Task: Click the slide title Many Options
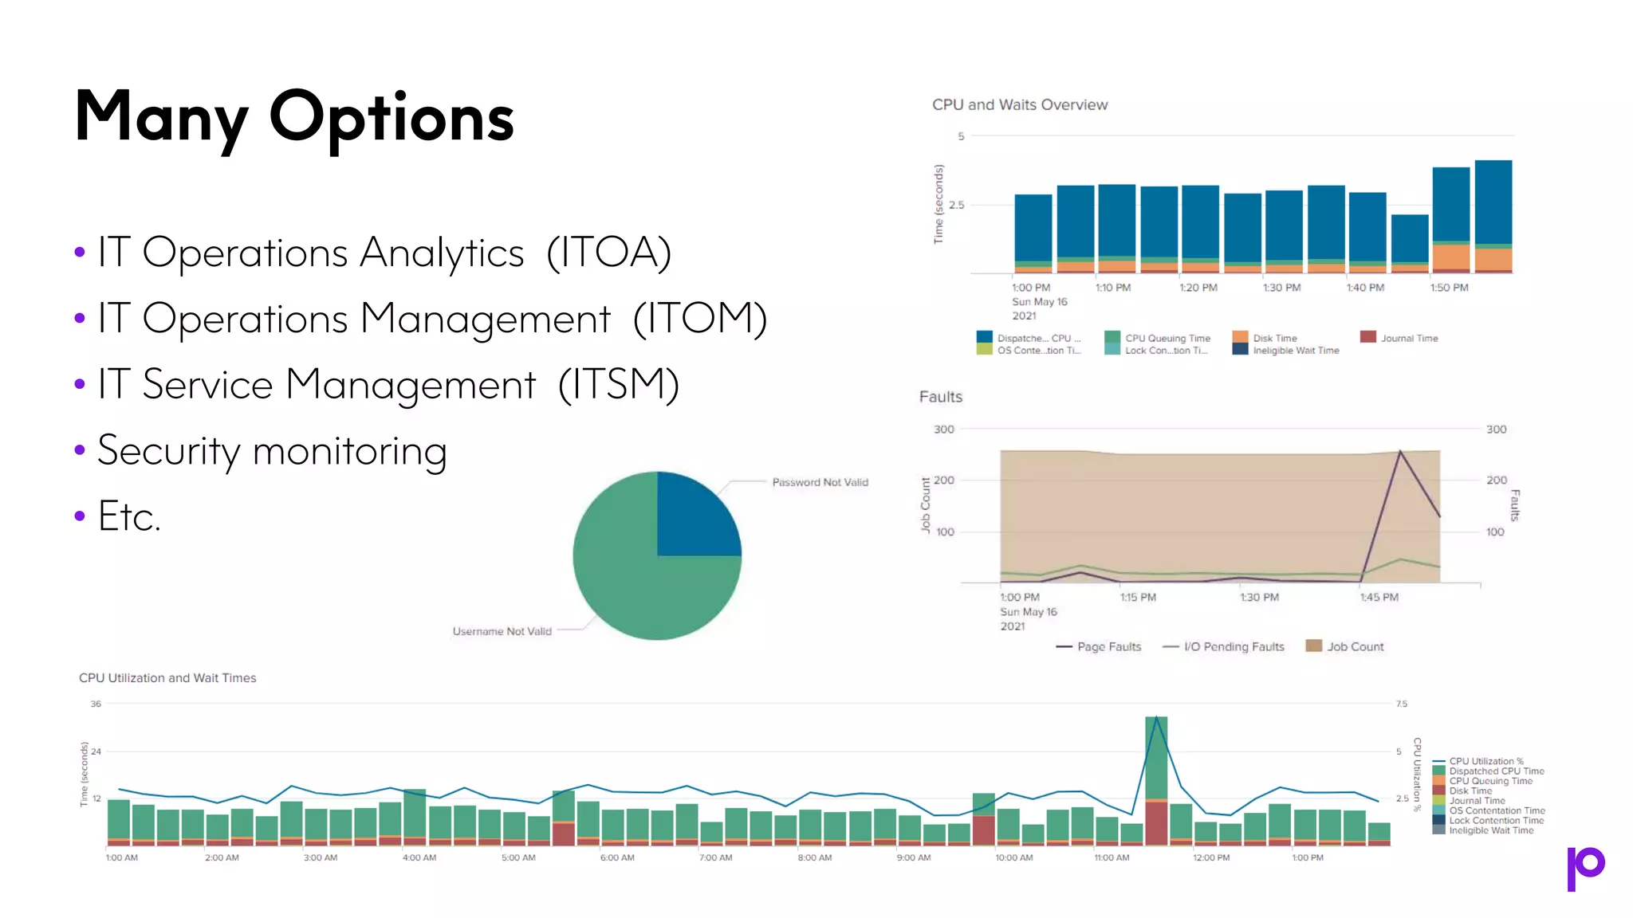tap(294, 118)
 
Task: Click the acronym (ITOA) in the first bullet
tap(608, 253)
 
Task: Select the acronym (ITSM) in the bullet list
tap(618, 385)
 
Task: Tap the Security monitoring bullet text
tap(272, 451)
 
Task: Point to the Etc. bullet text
tap(129, 516)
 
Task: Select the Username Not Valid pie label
tap(502, 631)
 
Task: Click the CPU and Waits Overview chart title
tap(1019, 105)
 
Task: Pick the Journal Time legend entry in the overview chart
tap(1408, 339)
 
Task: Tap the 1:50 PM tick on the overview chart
tap(1448, 288)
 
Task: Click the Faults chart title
tap(940, 397)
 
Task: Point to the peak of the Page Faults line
tap(1400, 453)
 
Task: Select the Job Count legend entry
tap(1354, 647)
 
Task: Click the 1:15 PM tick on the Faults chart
tap(1137, 598)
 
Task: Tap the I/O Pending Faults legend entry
tap(1233, 647)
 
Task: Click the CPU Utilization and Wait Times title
tap(167, 678)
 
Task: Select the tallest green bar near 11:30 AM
tap(1156, 757)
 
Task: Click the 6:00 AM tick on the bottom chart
tap(617, 858)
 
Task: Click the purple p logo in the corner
tap(1585, 867)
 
